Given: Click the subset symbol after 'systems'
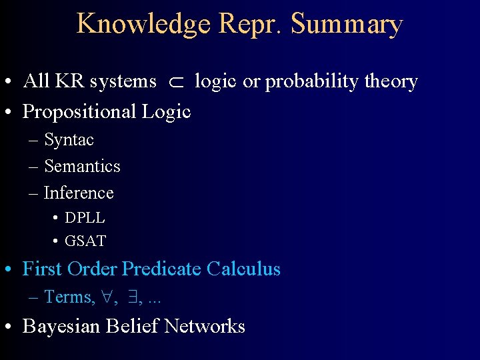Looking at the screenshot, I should pyautogui.click(x=175, y=82).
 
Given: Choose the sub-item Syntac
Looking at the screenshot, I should pyautogui.click(x=69, y=140).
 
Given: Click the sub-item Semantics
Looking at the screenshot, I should pyautogui.click(x=82, y=166).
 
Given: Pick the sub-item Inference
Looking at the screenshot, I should pyautogui.click(x=79, y=193).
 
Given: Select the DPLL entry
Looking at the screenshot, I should pyautogui.click(x=85, y=218).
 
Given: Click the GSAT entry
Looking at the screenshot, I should pyautogui.click(x=85, y=241).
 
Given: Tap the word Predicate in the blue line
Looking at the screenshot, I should pyautogui.click(x=163, y=269).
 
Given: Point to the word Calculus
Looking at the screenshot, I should pyautogui.click(x=243, y=269).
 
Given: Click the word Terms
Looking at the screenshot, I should pyautogui.click(x=69, y=297).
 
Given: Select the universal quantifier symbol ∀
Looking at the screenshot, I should pyautogui.click(x=107, y=297).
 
